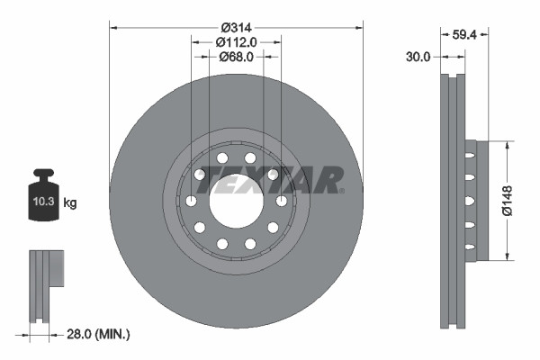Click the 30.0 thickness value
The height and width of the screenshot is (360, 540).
tap(419, 56)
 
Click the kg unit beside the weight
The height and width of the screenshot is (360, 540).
tap(70, 203)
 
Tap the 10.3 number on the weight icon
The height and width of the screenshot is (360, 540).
tap(42, 202)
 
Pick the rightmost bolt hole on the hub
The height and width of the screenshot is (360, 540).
tap(281, 201)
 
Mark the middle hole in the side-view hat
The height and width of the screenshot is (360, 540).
tap(469, 201)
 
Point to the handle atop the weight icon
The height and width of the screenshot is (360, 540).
tap(42, 174)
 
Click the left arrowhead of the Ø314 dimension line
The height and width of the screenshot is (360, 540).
tap(113, 25)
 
